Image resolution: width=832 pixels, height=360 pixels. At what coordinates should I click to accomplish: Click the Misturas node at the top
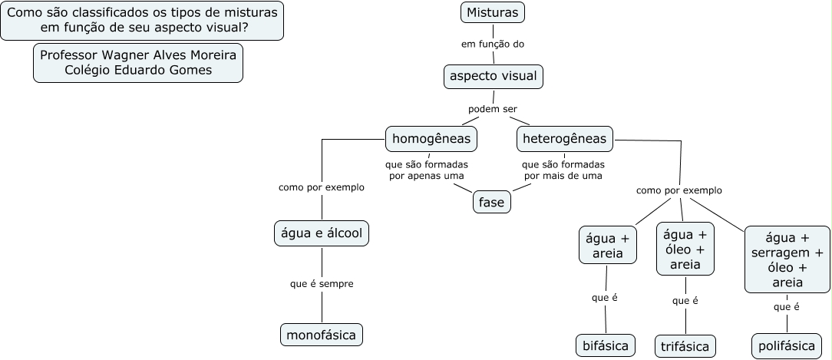(x=493, y=13)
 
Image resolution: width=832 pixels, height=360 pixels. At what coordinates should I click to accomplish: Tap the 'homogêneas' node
(x=431, y=139)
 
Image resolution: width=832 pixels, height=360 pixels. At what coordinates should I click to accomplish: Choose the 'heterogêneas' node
(x=565, y=139)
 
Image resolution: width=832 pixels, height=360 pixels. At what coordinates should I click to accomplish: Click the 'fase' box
(x=491, y=203)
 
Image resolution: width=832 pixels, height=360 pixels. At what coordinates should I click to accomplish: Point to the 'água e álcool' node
(x=322, y=233)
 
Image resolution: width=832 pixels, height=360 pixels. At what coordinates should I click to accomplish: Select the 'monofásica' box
(x=322, y=335)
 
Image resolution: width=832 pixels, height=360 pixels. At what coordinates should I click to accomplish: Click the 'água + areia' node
(x=608, y=245)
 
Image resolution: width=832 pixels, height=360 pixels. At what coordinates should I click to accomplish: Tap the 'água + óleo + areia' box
(x=685, y=249)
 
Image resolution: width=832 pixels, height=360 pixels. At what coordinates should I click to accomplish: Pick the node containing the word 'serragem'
(x=787, y=259)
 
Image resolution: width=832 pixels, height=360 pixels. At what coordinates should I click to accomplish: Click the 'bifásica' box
(x=606, y=346)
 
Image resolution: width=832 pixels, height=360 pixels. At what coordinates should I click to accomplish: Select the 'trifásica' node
(x=685, y=346)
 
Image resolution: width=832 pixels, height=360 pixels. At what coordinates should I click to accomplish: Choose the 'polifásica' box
(x=787, y=346)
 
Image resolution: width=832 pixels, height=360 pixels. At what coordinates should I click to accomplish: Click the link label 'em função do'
(x=493, y=44)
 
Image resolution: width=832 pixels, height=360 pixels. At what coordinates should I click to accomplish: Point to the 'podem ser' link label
(x=493, y=109)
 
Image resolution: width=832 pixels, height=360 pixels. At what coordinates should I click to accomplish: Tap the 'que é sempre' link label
(x=322, y=284)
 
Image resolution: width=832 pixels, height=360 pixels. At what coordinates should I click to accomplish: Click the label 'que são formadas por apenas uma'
(x=427, y=170)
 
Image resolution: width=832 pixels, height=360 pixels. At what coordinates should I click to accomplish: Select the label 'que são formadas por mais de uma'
(x=563, y=170)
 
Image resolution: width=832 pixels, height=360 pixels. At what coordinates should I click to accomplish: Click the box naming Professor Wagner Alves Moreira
(x=138, y=63)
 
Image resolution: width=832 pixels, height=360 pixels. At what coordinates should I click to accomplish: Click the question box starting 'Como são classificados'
(x=142, y=21)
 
